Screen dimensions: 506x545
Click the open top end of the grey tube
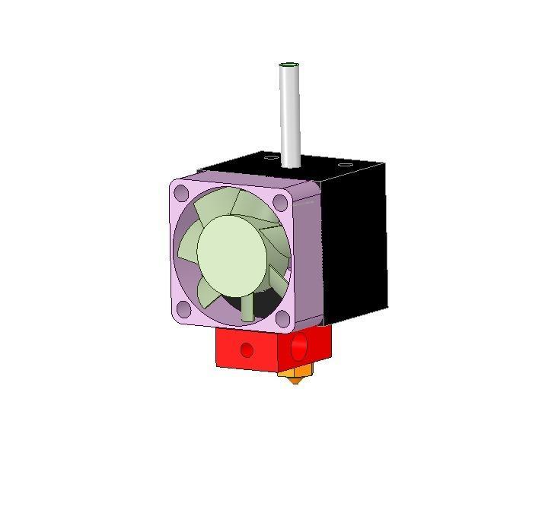289,65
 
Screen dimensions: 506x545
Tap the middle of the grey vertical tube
289,114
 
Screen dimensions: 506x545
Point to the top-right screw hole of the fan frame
280,203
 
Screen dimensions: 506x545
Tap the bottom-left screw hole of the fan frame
183,308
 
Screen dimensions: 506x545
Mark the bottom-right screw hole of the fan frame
282,318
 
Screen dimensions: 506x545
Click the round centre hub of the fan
233,255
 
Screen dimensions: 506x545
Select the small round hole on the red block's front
247,349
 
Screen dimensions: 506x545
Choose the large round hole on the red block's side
298,347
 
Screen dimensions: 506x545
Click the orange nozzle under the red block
295,374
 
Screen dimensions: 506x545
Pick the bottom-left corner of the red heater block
218,365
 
